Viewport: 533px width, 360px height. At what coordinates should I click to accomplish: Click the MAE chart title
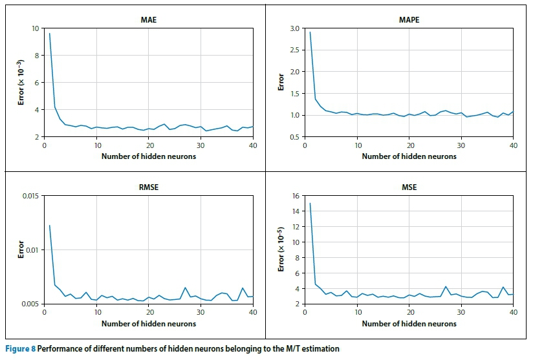(x=148, y=20)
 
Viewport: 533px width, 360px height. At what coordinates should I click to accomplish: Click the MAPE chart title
(x=408, y=20)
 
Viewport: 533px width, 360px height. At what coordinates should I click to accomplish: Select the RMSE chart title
(x=148, y=187)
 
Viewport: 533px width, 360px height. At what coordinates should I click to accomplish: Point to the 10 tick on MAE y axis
(x=35, y=28)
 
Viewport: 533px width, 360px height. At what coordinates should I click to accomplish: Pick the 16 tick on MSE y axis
(x=298, y=196)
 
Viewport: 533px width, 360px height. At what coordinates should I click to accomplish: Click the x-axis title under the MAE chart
(x=148, y=156)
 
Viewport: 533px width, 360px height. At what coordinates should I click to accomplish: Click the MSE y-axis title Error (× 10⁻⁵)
(x=281, y=249)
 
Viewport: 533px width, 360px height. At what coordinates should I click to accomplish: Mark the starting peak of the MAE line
(x=50, y=34)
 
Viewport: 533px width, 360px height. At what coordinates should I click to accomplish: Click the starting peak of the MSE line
(x=310, y=204)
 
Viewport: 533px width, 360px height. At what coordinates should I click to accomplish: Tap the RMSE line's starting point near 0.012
(x=50, y=226)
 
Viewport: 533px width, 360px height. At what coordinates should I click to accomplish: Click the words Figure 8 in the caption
(x=19, y=349)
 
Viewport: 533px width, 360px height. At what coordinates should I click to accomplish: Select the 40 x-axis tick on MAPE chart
(x=513, y=145)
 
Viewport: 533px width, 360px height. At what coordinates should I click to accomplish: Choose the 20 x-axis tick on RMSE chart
(x=149, y=313)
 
